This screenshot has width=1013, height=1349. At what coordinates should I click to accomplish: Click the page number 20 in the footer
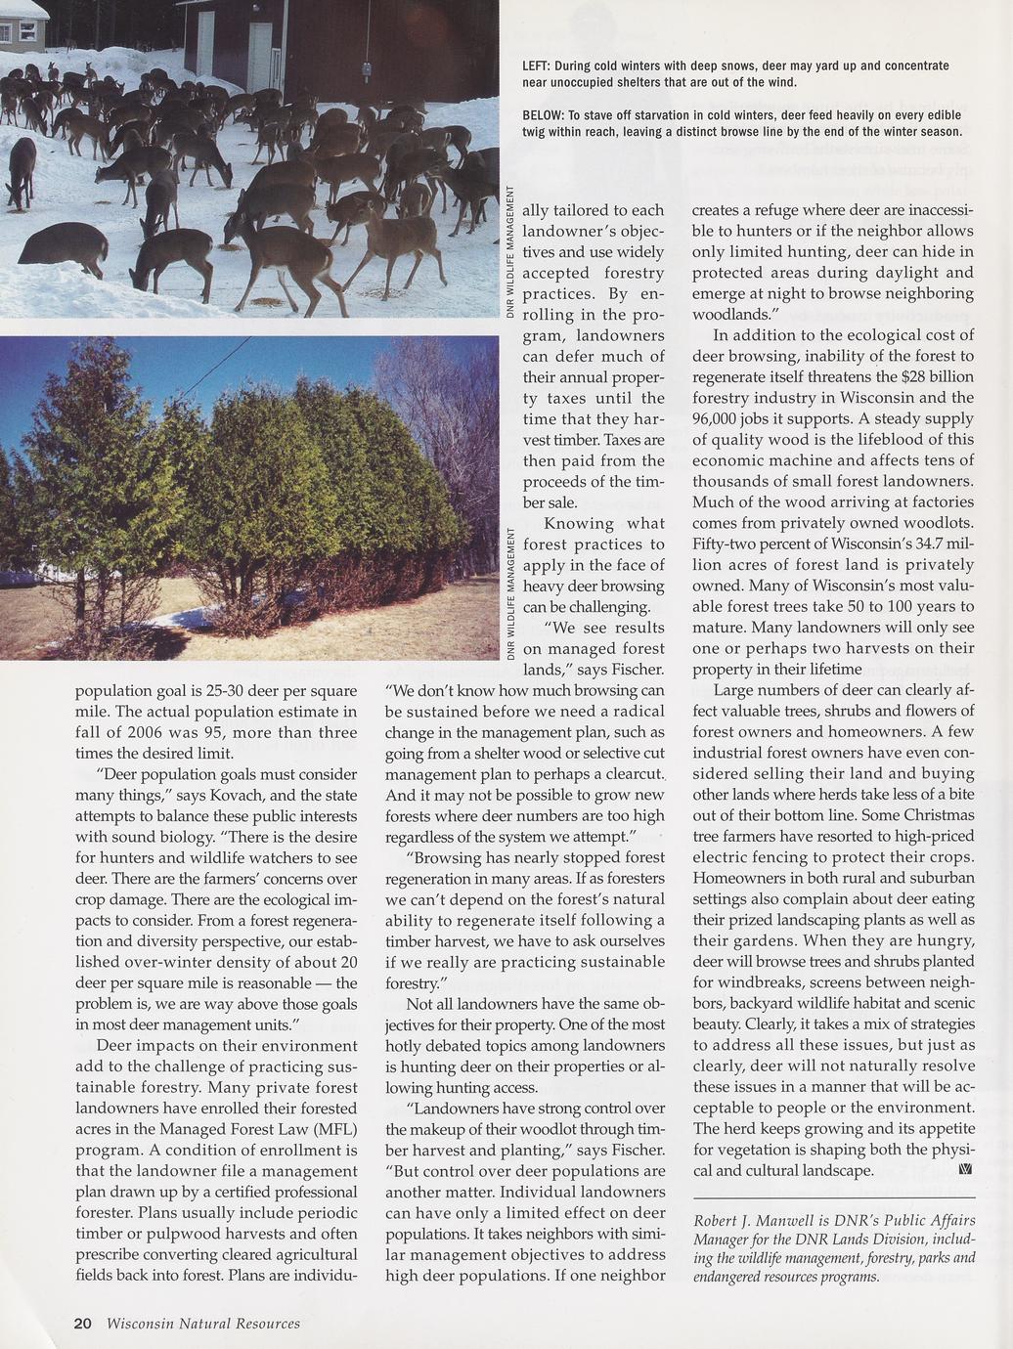(x=83, y=1324)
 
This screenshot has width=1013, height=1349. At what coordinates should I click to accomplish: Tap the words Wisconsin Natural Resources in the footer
(x=203, y=1324)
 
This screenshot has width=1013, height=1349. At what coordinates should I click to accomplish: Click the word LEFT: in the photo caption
(x=536, y=65)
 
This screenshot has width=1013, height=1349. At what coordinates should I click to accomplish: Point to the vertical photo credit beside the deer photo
(x=510, y=251)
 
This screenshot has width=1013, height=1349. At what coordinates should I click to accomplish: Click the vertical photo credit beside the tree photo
(x=510, y=594)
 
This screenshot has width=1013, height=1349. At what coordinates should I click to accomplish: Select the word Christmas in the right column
(x=939, y=815)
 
